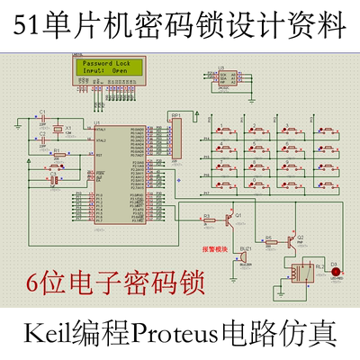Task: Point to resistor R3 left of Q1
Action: tap(208, 218)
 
